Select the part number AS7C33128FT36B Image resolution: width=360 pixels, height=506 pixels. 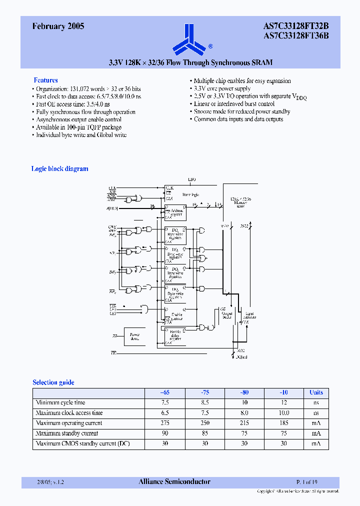(x=295, y=36)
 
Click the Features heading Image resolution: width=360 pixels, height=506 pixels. (x=45, y=80)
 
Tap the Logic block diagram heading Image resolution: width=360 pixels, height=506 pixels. (x=59, y=169)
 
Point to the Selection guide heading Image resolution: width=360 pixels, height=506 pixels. (x=53, y=382)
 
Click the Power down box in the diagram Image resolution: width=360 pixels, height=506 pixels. (x=135, y=336)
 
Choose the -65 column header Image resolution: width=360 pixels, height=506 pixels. (x=164, y=392)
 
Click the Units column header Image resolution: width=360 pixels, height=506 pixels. (x=316, y=392)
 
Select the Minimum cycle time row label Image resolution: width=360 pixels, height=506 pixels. (x=60, y=402)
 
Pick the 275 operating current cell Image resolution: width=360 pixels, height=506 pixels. (x=164, y=423)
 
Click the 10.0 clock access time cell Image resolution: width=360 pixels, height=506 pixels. (x=284, y=413)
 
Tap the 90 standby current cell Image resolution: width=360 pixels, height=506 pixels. (x=164, y=433)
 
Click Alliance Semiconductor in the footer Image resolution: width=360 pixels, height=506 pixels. (x=174, y=482)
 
